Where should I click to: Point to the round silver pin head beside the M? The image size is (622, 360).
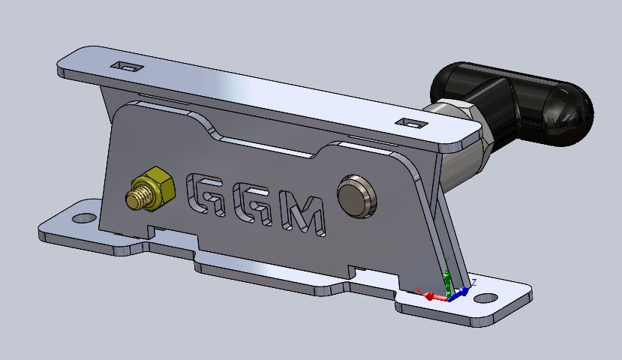tap(356, 195)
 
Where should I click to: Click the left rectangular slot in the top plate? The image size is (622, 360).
tap(126, 67)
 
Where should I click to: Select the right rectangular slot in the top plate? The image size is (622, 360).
tap(410, 121)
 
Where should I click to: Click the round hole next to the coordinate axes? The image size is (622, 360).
tap(485, 298)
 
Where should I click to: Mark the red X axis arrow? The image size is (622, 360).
tap(431, 295)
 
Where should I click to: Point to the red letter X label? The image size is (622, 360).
tap(418, 289)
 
